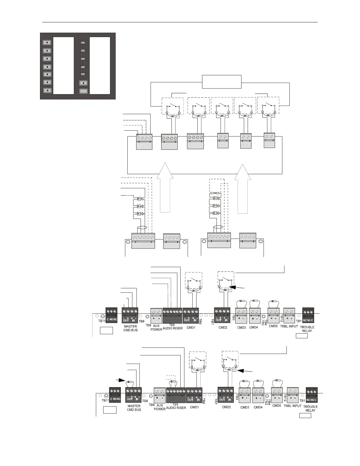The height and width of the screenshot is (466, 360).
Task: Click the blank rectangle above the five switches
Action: pos(221,81)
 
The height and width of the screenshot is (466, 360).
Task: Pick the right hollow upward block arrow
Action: pos(243,188)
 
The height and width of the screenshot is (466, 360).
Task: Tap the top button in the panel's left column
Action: pos(47,43)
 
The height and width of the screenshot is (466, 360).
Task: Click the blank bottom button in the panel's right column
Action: pos(84,91)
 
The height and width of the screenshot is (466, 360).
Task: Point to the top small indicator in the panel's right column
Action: pos(83,43)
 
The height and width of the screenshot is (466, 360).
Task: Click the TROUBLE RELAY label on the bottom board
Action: pos(310,409)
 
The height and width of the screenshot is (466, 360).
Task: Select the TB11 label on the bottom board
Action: pos(106,400)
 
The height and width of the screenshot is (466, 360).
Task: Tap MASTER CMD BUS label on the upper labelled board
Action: pos(130,328)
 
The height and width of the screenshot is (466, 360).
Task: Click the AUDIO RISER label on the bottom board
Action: pos(176,408)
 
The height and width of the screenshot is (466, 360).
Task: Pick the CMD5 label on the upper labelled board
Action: pos(273,326)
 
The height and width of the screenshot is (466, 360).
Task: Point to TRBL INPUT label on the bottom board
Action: pos(293,406)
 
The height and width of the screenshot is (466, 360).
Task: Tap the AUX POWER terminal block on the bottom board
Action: pos(159,395)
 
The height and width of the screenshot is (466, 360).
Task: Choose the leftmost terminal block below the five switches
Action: pos(144,142)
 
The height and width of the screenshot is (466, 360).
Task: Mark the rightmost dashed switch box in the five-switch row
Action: pos(268,105)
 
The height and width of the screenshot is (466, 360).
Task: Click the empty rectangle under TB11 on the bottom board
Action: pos(110,410)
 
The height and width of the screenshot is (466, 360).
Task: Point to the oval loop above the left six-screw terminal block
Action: pos(142,228)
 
